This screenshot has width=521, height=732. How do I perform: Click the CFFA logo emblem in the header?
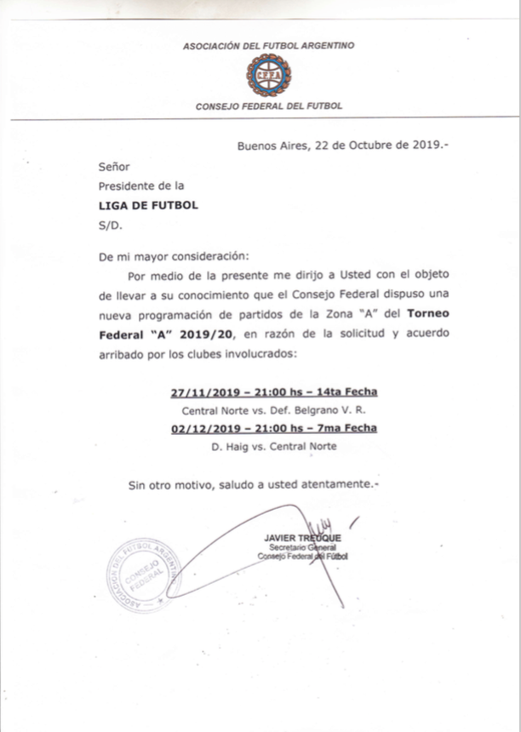click(x=260, y=76)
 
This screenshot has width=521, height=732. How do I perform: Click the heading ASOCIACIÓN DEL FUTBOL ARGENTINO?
click(x=268, y=46)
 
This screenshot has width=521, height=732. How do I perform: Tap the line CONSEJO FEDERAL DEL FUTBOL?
click(x=269, y=106)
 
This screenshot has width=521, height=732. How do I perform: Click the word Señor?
click(x=114, y=167)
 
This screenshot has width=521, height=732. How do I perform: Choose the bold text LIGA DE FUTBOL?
click(x=148, y=205)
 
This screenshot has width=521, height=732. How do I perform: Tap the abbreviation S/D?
click(x=112, y=225)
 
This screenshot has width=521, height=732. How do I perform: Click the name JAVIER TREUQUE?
click(x=303, y=538)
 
